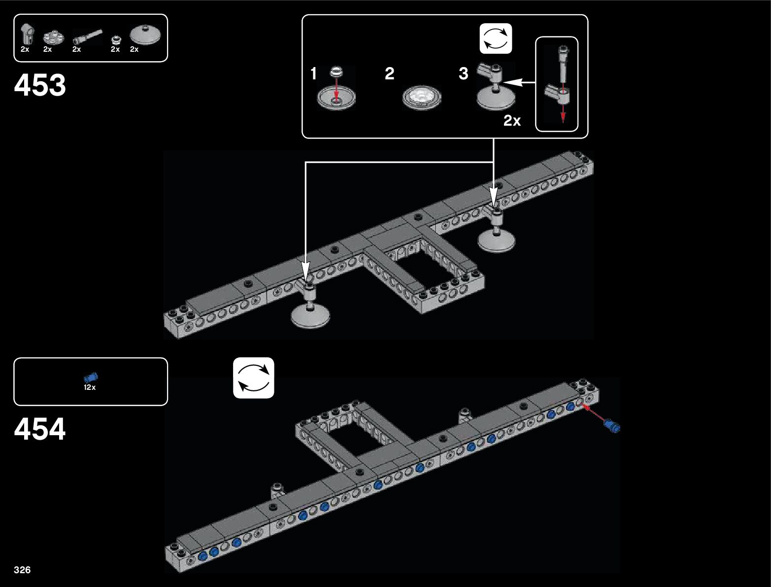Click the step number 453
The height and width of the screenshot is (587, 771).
tap(40, 85)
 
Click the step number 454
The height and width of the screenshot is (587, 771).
tap(40, 429)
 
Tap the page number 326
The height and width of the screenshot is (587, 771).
tap(22, 570)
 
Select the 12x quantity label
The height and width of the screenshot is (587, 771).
tap(90, 387)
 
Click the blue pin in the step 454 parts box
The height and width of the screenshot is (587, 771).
tap(91, 378)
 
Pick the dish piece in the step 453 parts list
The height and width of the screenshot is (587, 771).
tap(145, 35)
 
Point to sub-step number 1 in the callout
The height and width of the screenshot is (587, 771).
tap(313, 74)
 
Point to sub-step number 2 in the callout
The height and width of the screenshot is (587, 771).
tap(389, 74)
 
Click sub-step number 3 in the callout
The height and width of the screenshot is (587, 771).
tap(463, 74)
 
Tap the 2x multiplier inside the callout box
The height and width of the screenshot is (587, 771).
tap(512, 121)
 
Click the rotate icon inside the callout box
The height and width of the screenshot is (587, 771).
tap(496, 38)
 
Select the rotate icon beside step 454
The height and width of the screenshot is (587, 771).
tap(253, 378)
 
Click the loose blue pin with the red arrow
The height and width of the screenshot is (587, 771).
tap(613, 426)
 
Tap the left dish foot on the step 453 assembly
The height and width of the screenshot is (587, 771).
tap(310, 315)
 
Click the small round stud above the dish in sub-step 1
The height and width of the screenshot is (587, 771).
tap(336, 72)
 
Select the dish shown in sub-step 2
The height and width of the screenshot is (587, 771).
tap(421, 97)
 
